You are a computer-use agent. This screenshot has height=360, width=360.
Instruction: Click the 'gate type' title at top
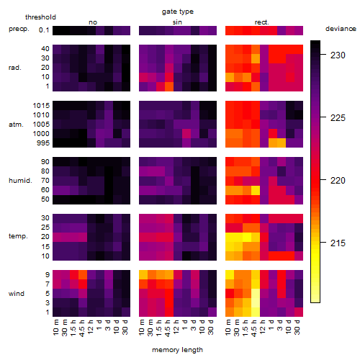pos(178,12)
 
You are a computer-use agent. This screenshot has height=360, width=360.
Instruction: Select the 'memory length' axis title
pos(177,350)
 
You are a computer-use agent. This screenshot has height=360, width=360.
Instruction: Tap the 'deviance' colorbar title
pos(341,29)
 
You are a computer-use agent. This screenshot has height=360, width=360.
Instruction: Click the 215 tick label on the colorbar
pos(338,243)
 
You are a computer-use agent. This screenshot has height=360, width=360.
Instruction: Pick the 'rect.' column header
pos(261,22)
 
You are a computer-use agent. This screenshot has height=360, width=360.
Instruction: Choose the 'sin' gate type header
pos(177,22)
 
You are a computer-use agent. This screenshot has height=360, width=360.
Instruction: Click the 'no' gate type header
pos(93,22)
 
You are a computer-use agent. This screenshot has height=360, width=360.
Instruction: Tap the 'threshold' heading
pos(40,17)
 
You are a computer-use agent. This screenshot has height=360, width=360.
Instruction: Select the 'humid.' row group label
pos(20,181)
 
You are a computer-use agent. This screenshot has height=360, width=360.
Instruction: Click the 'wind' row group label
pos(17,294)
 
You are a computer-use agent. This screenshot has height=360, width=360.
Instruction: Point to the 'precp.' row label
pos(19,30)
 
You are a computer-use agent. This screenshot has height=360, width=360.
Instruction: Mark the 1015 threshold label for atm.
pos(41,106)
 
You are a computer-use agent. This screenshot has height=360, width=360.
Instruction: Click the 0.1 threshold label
pos(44,30)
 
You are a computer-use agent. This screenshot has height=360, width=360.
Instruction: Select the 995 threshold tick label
pos(43,143)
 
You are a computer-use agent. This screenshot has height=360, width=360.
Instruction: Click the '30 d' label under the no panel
pos(125,327)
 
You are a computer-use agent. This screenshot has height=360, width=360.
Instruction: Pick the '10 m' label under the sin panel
pos(142,327)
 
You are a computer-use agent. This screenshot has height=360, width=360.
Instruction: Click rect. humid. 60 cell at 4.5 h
pos(256,190)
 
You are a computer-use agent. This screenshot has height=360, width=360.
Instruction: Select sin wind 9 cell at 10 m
pos(143,274)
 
